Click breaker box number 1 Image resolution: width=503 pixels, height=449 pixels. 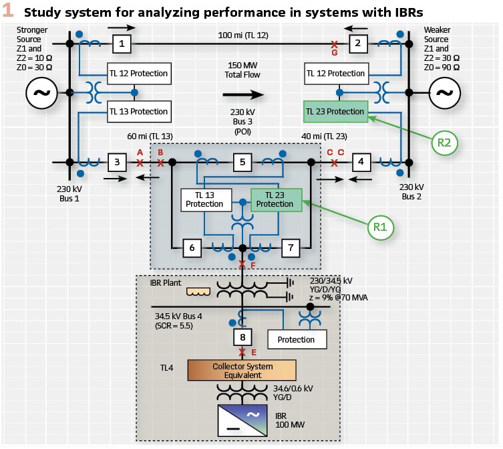(x=121, y=43)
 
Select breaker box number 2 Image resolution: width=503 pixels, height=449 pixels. (x=358, y=43)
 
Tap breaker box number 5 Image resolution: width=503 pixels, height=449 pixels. (x=242, y=162)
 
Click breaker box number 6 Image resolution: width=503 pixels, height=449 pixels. (x=192, y=248)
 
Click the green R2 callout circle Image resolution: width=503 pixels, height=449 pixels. (x=444, y=142)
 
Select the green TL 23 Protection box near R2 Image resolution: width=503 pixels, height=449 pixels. (x=335, y=112)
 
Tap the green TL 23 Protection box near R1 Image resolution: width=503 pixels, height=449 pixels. (x=275, y=199)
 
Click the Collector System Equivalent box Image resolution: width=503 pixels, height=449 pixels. (x=242, y=370)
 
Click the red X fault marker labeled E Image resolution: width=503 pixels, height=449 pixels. (x=242, y=353)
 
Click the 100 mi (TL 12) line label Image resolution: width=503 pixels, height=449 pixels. (x=243, y=35)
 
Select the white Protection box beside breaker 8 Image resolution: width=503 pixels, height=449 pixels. (x=296, y=339)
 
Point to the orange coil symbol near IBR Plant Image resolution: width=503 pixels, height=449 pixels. (x=198, y=292)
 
